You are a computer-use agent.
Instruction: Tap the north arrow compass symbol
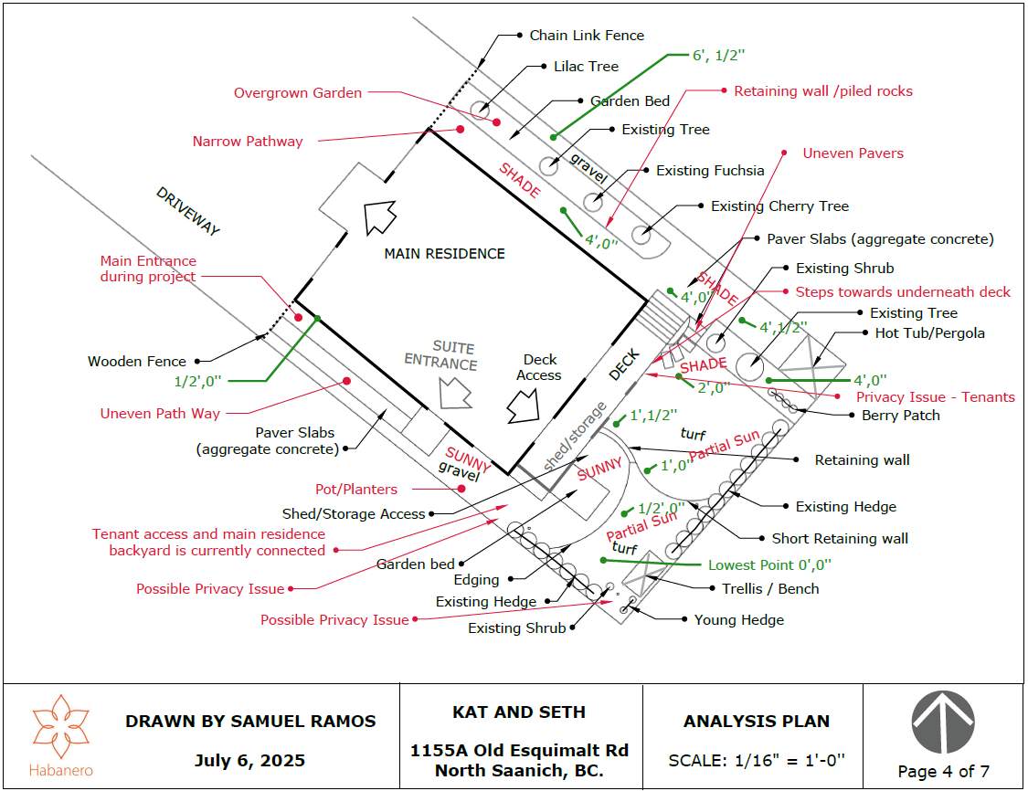943,722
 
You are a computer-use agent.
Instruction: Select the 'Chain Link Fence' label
587,36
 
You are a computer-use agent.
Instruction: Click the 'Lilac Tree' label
586,67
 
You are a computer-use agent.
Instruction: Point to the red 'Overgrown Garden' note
297,93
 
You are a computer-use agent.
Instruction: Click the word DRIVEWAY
188,212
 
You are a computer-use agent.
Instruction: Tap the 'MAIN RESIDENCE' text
444,253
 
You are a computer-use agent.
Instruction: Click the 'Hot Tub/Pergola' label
930,333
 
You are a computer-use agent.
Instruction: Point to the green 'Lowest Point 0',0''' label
769,565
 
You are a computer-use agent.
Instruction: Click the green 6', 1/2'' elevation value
718,56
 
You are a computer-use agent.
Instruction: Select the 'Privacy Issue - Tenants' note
936,397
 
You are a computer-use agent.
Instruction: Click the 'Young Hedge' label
738,620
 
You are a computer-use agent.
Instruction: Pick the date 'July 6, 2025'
249,761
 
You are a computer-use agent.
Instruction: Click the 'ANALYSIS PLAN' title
757,722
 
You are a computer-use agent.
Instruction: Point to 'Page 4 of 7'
943,772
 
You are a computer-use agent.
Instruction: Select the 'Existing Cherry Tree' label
779,206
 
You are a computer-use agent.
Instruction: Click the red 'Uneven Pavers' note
853,153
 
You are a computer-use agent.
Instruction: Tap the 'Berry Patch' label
901,416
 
